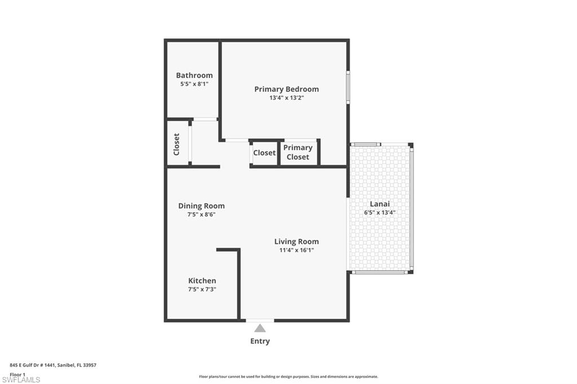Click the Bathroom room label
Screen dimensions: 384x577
[194, 75]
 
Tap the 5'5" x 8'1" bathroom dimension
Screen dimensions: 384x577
[194, 84]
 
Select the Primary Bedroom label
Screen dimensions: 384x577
[286, 89]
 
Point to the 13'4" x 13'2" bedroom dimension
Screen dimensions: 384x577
[286, 98]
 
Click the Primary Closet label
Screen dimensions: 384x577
[298, 153]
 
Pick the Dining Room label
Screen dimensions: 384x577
[201, 206]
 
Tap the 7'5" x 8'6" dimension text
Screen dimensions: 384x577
[201, 215]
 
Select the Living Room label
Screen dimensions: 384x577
[296, 242]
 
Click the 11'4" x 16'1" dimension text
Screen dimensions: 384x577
[296, 250]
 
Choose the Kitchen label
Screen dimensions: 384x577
[202, 280]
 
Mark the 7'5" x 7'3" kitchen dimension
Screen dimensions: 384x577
[202, 289]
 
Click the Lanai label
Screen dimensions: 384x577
[380, 204]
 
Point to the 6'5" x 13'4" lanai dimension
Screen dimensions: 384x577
[380, 213]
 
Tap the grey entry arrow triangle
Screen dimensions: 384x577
[260, 328]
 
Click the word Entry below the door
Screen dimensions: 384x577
[260, 341]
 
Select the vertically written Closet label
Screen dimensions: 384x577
[176, 144]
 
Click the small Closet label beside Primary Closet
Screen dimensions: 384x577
[264, 153]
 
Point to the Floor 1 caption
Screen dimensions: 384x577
[17, 374]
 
